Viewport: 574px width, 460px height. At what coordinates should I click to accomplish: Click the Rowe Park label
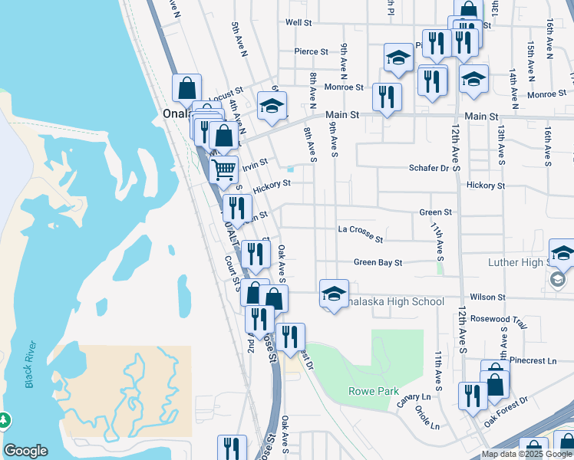pos(374,391)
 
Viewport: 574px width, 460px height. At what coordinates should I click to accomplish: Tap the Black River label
pos(30,364)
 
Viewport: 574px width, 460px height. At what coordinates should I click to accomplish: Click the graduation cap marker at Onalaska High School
pos(334,294)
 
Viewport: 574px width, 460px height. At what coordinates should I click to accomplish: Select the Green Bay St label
pos(378,263)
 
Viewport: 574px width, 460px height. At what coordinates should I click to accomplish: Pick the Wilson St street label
pos(488,297)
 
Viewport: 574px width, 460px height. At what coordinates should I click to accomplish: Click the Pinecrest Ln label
pos(536,360)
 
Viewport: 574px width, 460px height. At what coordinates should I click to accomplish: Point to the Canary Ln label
pos(415,396)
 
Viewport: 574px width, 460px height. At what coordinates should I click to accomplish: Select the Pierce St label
pos(311,52)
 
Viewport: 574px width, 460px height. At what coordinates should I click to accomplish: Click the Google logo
pos(25,451)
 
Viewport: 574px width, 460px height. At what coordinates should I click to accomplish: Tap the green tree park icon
pos(4,420)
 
